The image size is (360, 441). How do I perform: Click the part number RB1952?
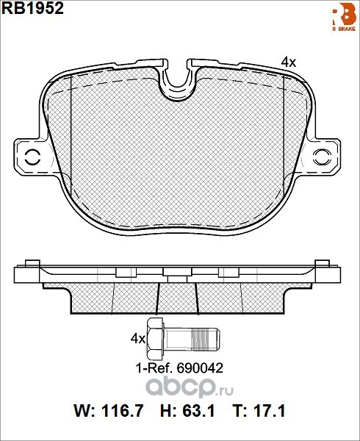pyautogui.click(x=33, y=9)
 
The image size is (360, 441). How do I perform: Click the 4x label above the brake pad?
pyautogui.click(x=289, y=62)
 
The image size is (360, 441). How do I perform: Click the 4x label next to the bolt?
pyautogui.click(x=137, y=339)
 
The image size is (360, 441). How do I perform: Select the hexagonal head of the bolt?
pyautogui.click(x=155, y=339)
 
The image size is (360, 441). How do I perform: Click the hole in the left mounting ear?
pyautogui.click(x=32, y=157)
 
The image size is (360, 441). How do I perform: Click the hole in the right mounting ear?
pyautogui.click(x=322, y=157)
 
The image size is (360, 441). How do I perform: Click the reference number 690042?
pyautogui.click(x=200, y=368)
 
